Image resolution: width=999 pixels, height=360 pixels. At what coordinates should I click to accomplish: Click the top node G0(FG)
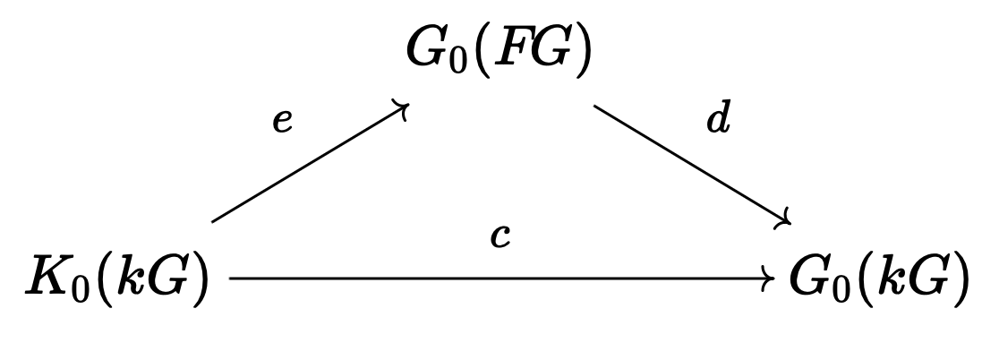click(499, 52)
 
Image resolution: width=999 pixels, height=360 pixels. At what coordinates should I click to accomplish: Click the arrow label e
click(283, 121)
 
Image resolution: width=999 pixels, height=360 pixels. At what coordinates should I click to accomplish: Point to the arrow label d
click(718, 119)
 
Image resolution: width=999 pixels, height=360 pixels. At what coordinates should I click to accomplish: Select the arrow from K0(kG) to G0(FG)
click(309, 163)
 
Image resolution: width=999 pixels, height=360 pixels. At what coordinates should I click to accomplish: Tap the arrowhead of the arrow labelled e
click(404, 108)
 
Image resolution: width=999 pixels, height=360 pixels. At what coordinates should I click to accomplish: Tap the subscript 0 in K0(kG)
click(81, 291)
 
